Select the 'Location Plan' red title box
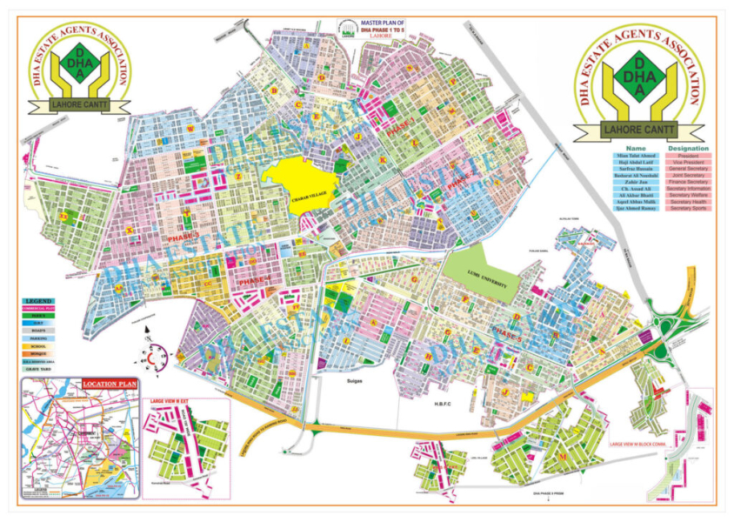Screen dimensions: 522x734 [x=109, y=384]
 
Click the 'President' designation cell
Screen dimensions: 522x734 [x=687, y=157]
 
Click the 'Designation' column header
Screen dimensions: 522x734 [x=687, y=149]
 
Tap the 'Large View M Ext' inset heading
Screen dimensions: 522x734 [x=170, y=400]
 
